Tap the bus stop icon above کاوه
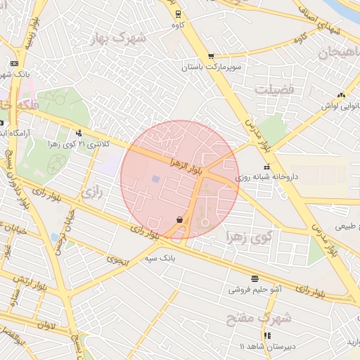tap(176, 13)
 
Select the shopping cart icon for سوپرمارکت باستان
tap(211, 56)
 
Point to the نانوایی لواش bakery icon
tap(342, 95)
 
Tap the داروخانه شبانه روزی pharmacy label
tap(288, 178)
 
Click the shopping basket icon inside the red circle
tap(180, 220)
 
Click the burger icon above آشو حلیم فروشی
tap(253, 278)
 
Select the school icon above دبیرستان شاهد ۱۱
tap(266, 335)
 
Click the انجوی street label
tap(117, 259)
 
